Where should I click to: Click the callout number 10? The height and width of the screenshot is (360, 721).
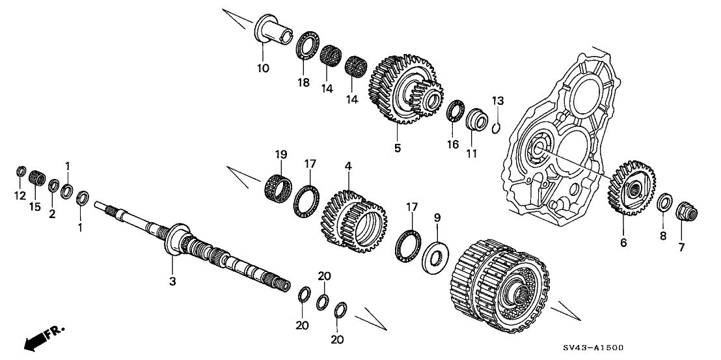pyautogui.click(x=262, y=67)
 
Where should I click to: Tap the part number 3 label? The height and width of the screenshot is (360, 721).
pyautogui.click(x=172, y=281)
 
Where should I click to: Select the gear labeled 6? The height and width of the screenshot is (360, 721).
pyautogui.click(x=631, y=186)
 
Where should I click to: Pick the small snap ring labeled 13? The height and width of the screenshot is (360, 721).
pyautogui.click(x=497, y=125)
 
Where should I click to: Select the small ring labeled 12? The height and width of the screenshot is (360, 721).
pyautogui.click(x=20, y=171)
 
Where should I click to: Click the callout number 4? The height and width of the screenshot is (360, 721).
pyautogui.click(x=349, y=167)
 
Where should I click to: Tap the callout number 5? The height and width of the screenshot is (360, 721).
pyautogui.click(x=398, y=148)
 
